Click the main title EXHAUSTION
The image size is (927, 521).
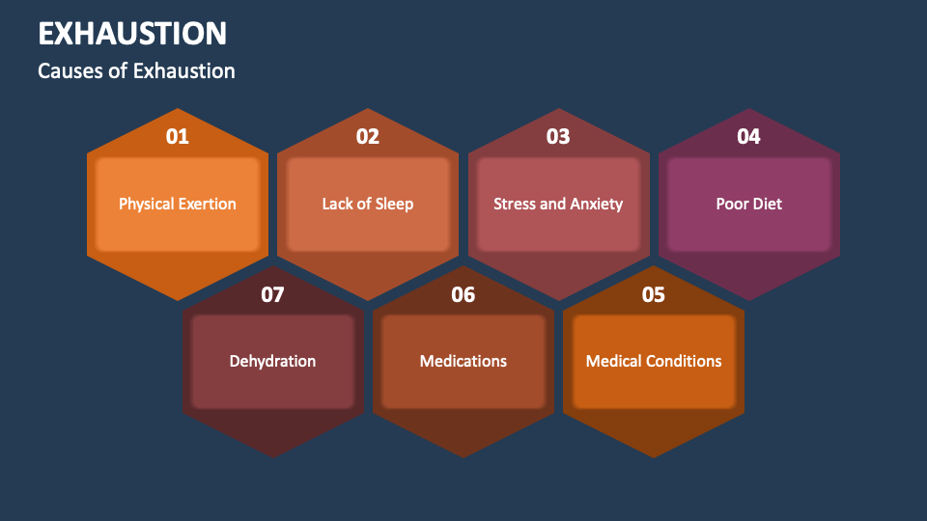(x=132, y=34)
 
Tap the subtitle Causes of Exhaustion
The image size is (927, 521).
(x=136, y=71)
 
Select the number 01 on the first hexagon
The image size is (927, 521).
(x=178, y=137)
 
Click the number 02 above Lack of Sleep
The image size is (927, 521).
(x=368, y=137)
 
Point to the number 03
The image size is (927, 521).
(x=558, y=137)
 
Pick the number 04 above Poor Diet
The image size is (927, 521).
(x=748, y=137)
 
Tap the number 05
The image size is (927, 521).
(x=654, y=295)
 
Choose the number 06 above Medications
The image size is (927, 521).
(x=463, y=295)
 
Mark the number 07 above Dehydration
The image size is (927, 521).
(x=273, y=295)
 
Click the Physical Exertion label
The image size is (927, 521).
(x=178, y=204)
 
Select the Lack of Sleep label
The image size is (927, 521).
(x=368, y=204)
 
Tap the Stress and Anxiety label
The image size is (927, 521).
(x=558, y=204)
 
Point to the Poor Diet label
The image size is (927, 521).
(x=748, y=204)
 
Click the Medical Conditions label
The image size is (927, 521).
(x=654, y=361)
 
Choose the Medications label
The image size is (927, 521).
(x=463, y=361)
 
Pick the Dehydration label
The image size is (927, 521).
(x=273, y=361)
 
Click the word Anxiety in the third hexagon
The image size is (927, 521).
(x=596, y=204)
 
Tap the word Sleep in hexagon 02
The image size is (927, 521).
(x=394, y=204)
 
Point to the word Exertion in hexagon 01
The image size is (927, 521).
(x=209, y=204)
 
